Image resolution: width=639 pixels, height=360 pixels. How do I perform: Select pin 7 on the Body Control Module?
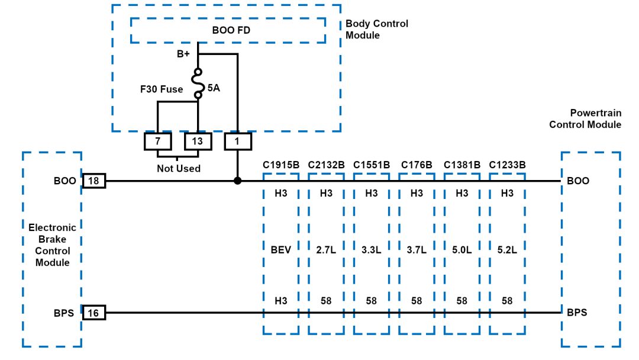(158, 142)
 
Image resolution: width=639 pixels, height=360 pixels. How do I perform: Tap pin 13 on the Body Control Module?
(198, 142)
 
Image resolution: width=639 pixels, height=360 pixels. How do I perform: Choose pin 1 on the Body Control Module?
(238, 142)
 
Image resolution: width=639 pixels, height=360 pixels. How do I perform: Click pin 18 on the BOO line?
(93, 181)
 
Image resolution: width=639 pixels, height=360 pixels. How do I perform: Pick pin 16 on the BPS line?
(93, 313)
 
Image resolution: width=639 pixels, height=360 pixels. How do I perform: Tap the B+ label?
(183, 54)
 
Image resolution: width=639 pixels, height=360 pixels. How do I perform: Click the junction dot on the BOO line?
(238, 181)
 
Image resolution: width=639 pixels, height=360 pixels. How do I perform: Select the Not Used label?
(178, 169)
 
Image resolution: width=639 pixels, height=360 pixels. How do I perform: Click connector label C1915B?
(280, 164)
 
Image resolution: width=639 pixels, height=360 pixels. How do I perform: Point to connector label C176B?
(417, 164)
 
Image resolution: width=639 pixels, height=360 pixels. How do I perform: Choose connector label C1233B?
(508, 164)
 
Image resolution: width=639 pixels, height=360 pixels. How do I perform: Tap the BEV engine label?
(280, 250)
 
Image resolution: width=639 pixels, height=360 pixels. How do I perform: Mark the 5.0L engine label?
(462, 250)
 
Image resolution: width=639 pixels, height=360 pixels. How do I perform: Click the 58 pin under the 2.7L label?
(326, 301)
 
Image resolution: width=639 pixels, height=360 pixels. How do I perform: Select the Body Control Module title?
(376, 30)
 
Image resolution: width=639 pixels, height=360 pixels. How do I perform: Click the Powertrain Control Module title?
(586, 118)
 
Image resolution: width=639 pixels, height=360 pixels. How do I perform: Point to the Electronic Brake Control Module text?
(52, 245)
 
